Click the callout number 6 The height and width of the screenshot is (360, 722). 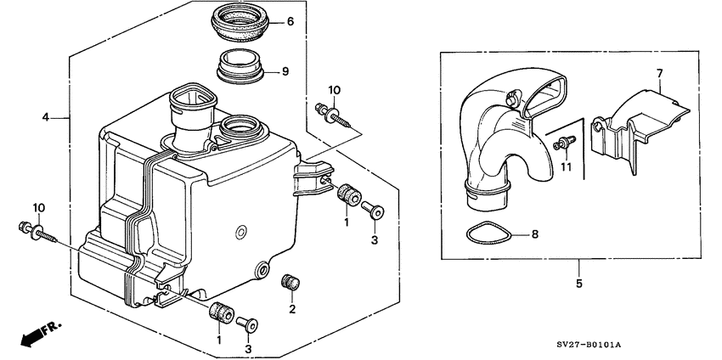[290, 22]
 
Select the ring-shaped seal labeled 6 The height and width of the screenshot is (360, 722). [239, 23]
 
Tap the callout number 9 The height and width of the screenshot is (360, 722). [285, 71]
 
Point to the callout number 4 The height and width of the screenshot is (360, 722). [46, 118]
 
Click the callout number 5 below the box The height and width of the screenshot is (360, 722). [579, 283]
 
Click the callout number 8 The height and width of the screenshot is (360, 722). [533, 233]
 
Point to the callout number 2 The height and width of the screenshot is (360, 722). [291, 310]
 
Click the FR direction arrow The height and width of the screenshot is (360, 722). [33, 334]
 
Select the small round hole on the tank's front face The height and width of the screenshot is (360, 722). [241, 232]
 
